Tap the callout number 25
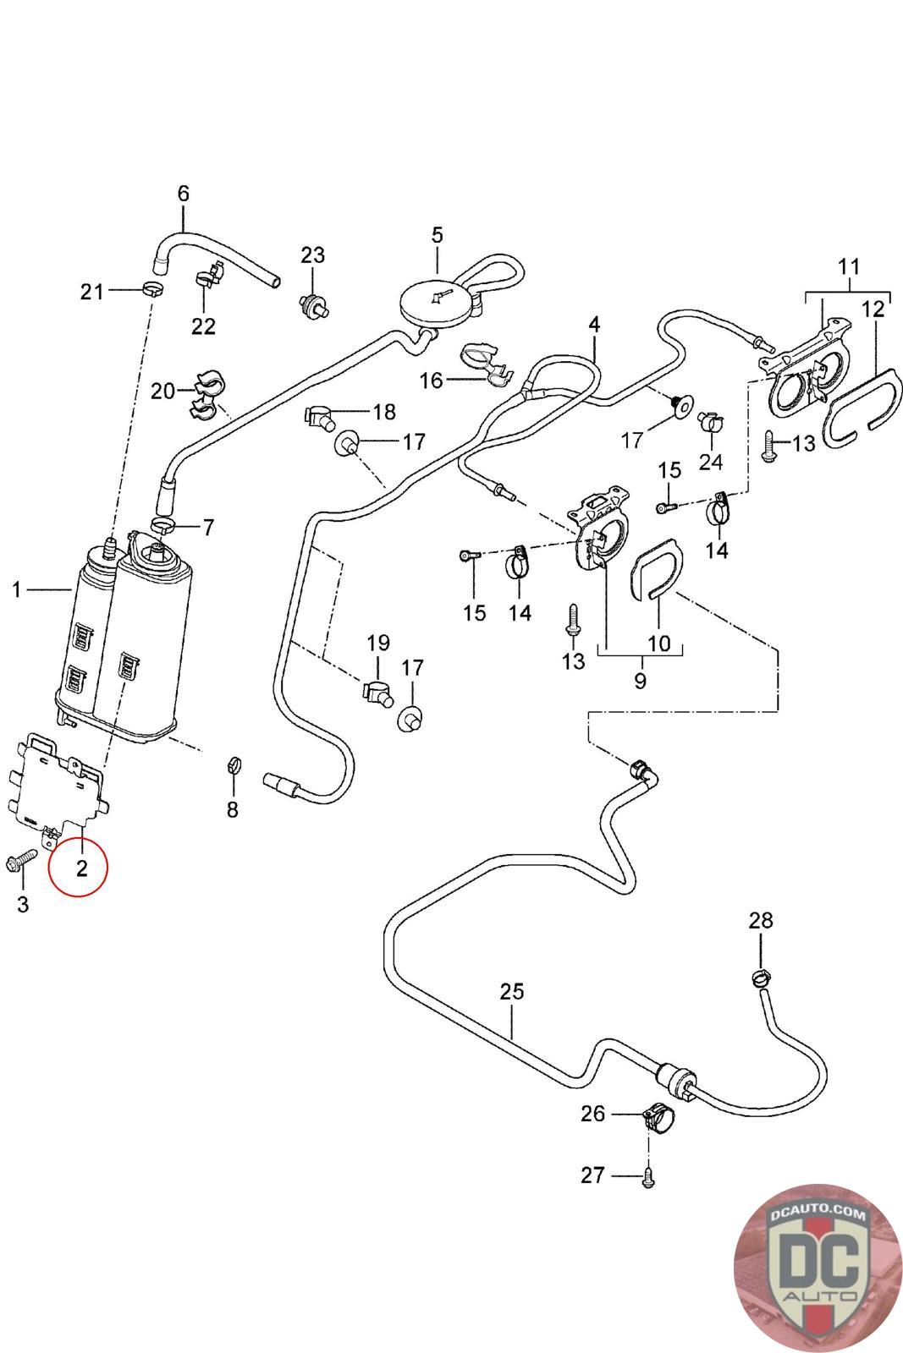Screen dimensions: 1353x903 [512, 991]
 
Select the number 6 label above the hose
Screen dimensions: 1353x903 [184, 193]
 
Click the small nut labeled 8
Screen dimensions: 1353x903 [231, 767]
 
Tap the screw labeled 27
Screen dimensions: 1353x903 [648, 1176]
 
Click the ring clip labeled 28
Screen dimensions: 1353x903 [760, 978]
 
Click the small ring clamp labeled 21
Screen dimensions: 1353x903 [152, 290]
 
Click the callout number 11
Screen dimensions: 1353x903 [849, 267]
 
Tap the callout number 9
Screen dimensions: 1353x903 [640, 681]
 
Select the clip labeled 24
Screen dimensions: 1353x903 [709, 421]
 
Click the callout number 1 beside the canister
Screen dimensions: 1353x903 [17, 589]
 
